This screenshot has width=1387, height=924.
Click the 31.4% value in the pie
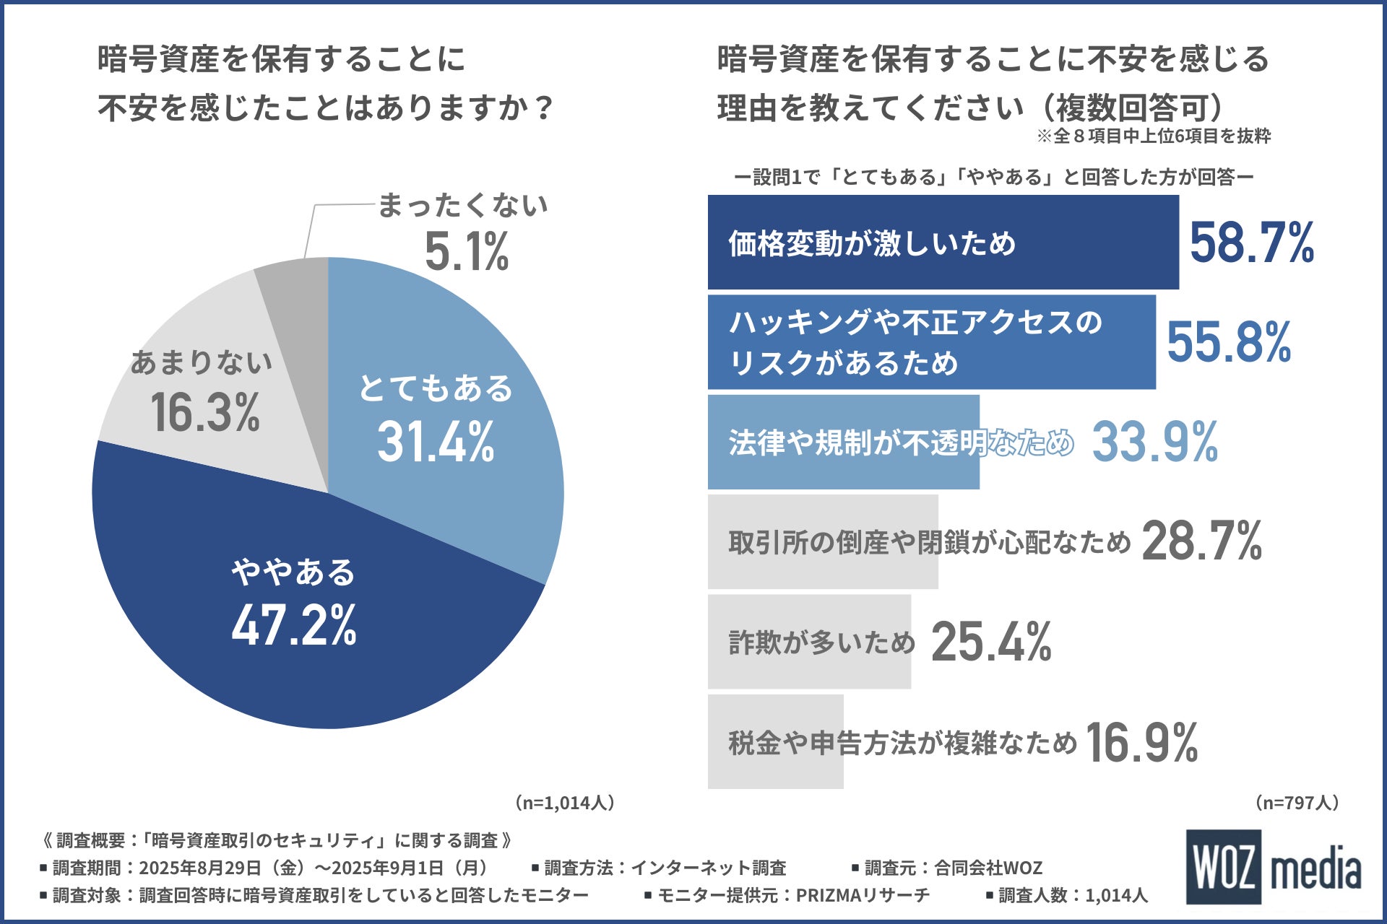436,442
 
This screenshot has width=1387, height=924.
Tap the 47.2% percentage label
293,625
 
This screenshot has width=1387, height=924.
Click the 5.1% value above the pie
466,252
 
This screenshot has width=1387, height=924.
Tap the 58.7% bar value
1251,243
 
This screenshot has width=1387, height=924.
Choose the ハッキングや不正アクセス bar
931,342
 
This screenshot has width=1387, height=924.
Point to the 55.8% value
1228,342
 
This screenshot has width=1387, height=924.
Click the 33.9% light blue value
1154,442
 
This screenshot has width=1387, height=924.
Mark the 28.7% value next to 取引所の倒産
1201,541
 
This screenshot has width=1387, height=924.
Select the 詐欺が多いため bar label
821,642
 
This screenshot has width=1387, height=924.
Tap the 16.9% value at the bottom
1141,742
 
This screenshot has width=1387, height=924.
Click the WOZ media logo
1273,866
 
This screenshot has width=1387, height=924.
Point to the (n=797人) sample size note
1297,803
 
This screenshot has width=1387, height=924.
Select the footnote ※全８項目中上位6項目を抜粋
1154,136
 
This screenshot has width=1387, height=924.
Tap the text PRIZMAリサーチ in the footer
862,895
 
